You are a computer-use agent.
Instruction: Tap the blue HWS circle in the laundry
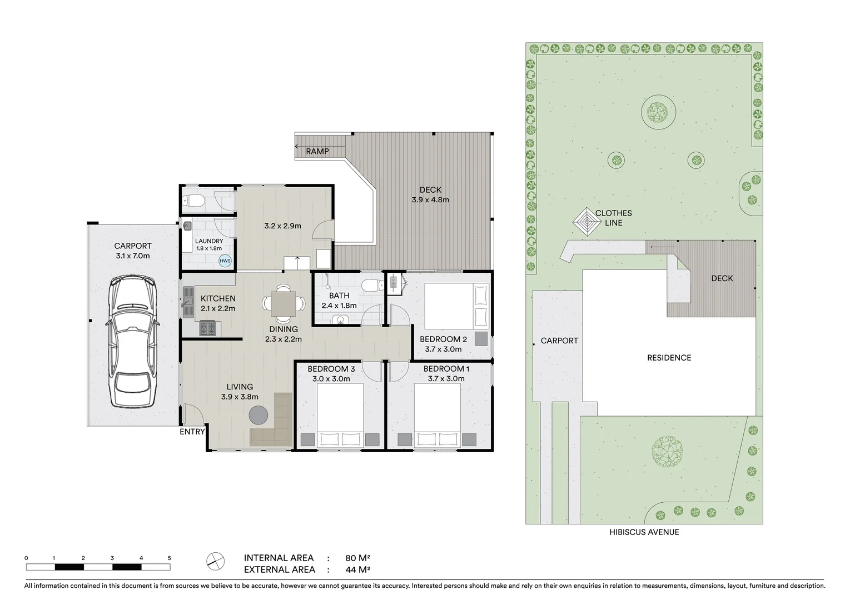click(225, 261)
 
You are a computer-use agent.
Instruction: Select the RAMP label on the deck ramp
click(317, 151)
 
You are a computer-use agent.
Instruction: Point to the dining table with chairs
click(284, 304)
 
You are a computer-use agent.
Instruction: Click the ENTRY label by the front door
click(192, 432)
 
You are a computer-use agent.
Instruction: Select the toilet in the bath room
click(371, 286)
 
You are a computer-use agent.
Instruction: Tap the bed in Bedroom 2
click(457, 306)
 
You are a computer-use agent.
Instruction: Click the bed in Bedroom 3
click(340, 415)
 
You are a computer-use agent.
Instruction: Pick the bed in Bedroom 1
click(437, 415)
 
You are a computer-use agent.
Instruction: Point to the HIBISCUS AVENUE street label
click(644, 532)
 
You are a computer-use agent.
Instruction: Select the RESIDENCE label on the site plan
click(669, 358)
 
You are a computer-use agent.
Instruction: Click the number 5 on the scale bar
click(169, 558)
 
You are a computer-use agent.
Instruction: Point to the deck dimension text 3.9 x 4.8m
click(430, 200)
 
